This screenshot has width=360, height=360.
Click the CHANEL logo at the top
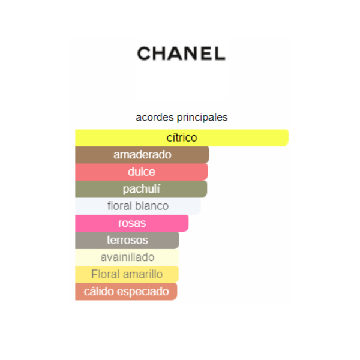[181, 53]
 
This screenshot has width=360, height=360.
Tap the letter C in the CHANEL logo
[144, 53]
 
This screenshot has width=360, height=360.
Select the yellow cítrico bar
[181, 137]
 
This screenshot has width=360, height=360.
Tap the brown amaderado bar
[142, 155]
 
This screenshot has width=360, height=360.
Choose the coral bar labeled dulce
[141, 172]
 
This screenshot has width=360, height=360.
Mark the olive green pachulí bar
[141, 189]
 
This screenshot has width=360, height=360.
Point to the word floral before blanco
[120, 206]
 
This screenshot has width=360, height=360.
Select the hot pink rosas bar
[131, 223]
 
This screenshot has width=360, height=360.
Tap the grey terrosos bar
[127, 240]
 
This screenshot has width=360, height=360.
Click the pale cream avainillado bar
[127, 257]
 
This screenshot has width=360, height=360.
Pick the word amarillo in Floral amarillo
[143, 274]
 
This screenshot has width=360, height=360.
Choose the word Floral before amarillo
[106, 274]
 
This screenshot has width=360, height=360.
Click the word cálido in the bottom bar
[97, 292]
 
